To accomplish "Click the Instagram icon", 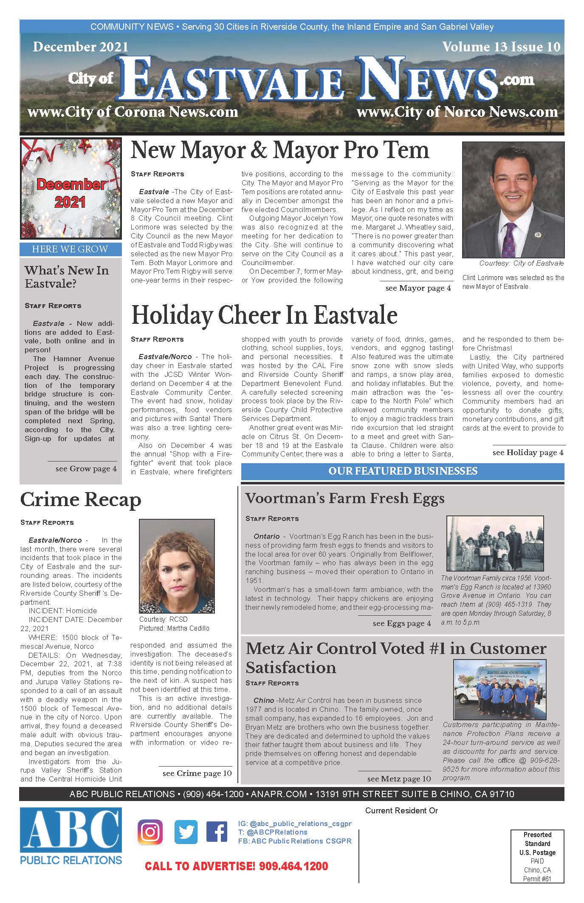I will point(150,832).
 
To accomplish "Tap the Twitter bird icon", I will point(186,832).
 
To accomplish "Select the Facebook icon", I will point(216,832).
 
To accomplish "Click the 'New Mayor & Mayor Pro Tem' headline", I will point(280,150).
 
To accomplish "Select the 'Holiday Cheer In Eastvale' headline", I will point(264,315).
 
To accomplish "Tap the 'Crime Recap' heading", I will point(81,500).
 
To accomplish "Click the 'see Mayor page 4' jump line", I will point(418,288).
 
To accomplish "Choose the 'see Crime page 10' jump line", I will point(197,773).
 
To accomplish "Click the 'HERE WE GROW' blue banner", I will point(70,249).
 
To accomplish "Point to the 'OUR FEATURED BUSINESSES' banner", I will point(403,471).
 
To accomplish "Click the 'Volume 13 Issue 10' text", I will point(501,47).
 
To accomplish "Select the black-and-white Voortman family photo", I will point(495,543).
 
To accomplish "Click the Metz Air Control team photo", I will point(499,689).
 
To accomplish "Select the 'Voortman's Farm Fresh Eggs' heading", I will point(345,498).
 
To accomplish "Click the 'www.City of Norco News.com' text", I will point(457,112).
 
